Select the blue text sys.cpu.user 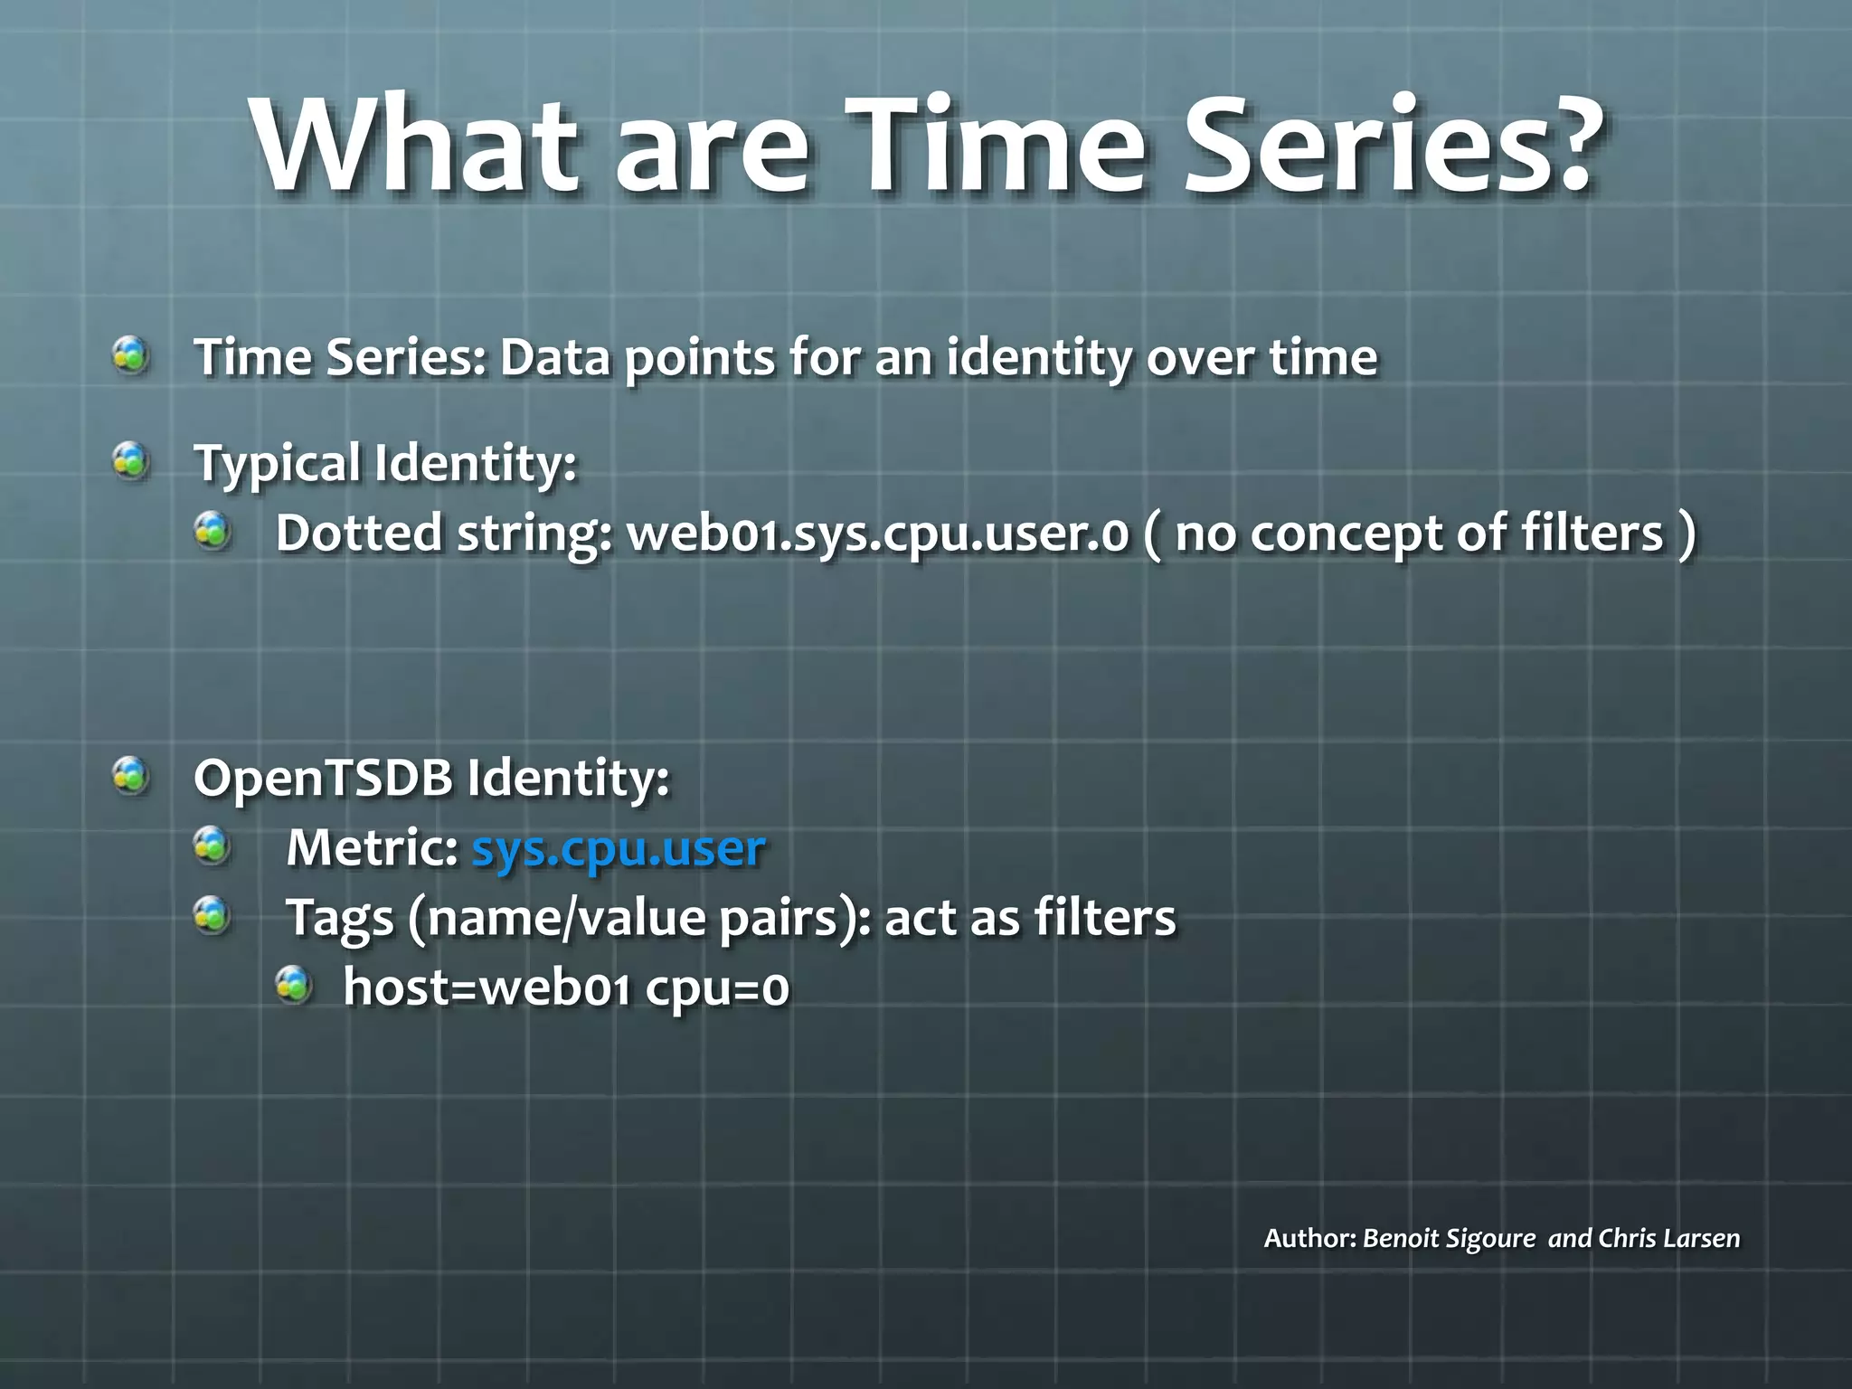[619, 848]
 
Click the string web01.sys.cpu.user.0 [878, 534]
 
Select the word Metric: [372, 848]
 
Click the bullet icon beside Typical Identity [131, 461]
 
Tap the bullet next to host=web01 [294, 985]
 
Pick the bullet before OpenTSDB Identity [131, 776]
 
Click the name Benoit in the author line [1401, 1238]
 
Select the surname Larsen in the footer [1701, 1238]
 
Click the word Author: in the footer [1309, 1238]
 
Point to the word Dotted [358, 533]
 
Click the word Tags [339, 919]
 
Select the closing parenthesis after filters [1686, 534]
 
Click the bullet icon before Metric [213, 846]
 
